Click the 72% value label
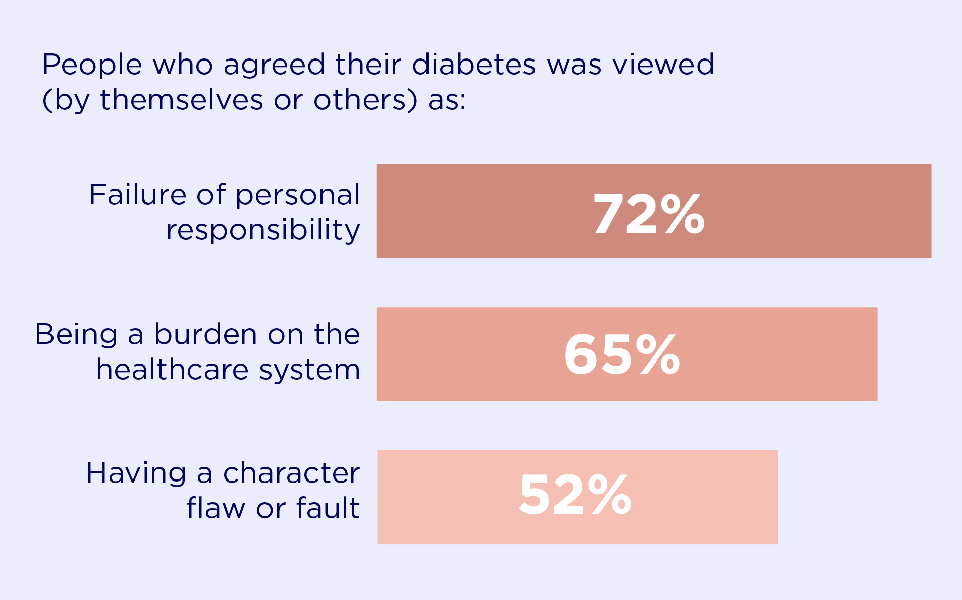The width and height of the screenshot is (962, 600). (x=649, y=215)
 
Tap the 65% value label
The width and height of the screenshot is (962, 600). (x=622, y=354)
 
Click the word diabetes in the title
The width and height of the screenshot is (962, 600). (x=473, y=65)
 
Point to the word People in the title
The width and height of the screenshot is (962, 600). (x=92, y=65)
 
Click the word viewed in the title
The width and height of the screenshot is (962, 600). (x=663, y=65)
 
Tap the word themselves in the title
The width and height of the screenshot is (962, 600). (x=182, y=100)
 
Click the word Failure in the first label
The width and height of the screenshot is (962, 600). (x=138, y=195)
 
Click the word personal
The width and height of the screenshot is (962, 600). (x=298, y=196)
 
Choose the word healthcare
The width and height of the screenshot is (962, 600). (x=173, y=370)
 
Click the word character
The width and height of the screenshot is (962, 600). (x=291, y=473)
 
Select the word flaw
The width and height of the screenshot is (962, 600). (x=216, y=508)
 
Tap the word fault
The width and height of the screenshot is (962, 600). (x=328, y=508)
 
